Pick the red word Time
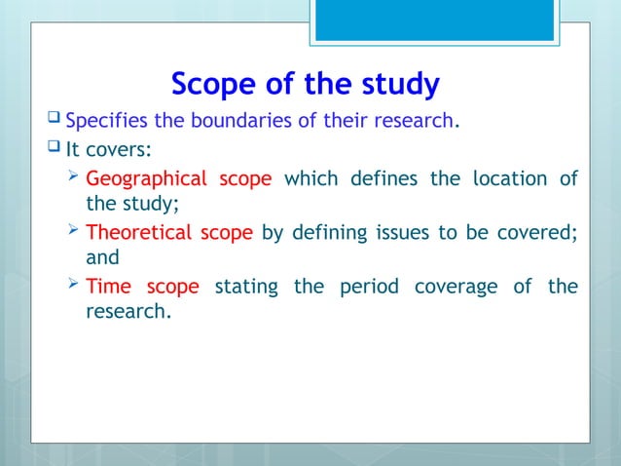pos(109,287)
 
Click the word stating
pos(245,287)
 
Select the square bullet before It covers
pos(53,150)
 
